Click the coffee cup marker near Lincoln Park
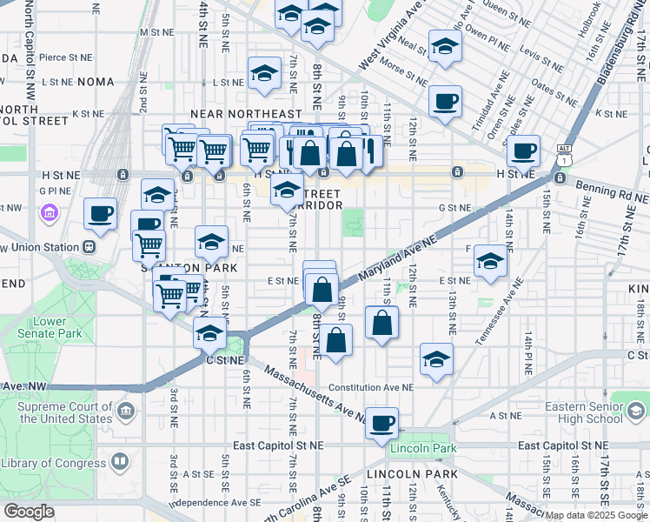click(x=381, y=424)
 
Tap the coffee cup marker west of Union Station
click(x=100, y=213)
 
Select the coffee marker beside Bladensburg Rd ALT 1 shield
click(x=523, y=151)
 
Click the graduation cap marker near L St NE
click(x=263, y=74)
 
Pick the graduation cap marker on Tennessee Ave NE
click(x=490, y=260)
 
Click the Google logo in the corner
click(x=30, y=511)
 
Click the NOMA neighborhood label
click(x=96, y=82)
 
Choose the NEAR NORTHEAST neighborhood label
click(x=246, y=114)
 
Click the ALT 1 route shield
click(x=565, y=154)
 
